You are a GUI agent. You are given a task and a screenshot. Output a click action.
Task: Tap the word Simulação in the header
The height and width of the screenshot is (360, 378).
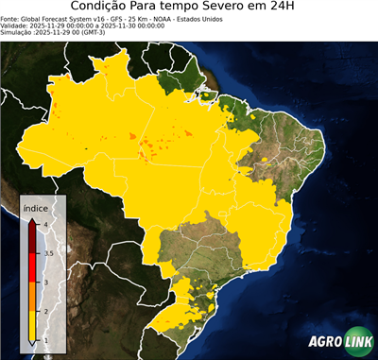(16, 33)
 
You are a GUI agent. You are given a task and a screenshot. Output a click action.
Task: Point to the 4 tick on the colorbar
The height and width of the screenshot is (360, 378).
(43, 224)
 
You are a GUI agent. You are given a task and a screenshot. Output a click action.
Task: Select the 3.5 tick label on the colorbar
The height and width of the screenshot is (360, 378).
(47, 253)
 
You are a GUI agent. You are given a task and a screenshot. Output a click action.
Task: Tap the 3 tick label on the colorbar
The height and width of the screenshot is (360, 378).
(44, 282)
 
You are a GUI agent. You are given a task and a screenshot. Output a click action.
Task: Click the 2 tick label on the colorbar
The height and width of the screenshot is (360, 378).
(44, 311)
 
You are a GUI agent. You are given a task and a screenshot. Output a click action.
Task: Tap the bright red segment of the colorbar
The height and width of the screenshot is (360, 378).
(34, 267)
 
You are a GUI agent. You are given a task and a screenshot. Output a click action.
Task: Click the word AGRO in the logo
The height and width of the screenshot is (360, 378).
(323, 342)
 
